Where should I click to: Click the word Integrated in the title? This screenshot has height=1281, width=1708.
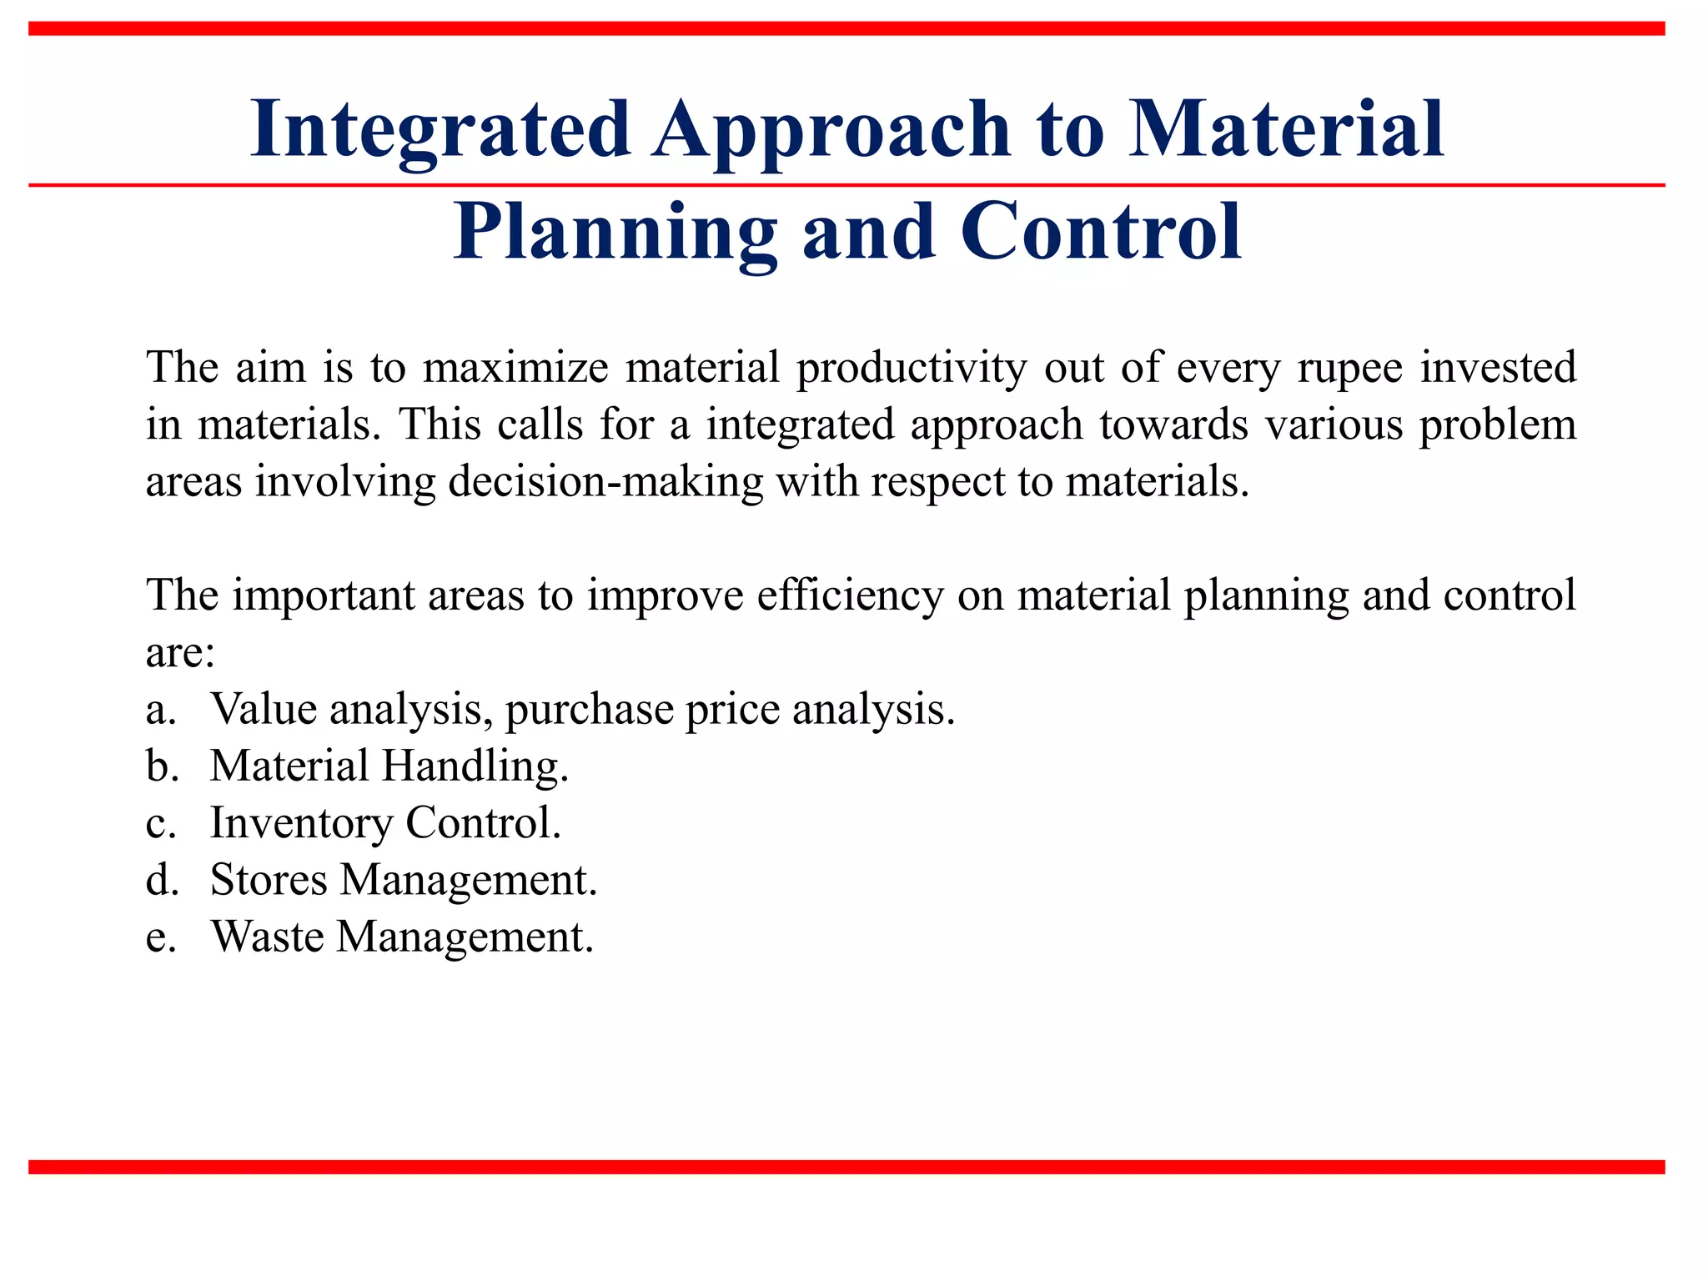coord(440,129)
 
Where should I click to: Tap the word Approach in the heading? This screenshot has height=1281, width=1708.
coord(831,129)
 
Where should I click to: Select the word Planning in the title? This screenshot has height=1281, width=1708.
coord(615,233)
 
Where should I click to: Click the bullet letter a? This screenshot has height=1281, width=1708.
coord(160,711)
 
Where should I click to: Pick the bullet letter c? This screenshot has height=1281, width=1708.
coord(160,824)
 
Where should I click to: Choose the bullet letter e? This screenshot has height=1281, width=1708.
coord(160,937)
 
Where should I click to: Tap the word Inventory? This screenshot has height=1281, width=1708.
coord(301,823)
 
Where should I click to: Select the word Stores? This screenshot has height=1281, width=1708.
coord(269,880)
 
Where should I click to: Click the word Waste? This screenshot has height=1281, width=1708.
coord(267,937)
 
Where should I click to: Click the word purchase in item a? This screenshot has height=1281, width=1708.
coord(589,711)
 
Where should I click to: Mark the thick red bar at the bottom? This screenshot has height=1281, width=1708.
coord(846,1167)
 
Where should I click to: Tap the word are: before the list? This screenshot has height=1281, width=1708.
coord(180,652)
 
